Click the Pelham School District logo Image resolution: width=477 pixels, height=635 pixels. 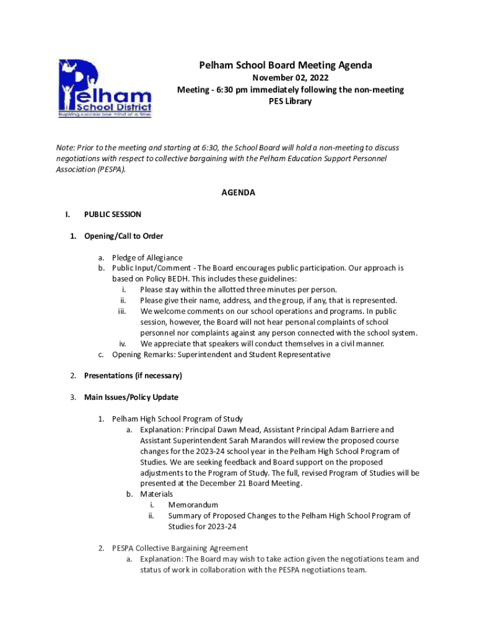[105, 89]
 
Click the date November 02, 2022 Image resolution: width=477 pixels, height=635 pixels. [289, 78]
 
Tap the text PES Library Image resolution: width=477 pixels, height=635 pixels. [290, 101]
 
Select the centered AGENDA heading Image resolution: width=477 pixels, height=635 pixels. [239, 193]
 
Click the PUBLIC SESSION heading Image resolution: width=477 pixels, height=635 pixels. [113, 215]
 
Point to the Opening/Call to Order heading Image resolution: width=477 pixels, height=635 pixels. [123, 236]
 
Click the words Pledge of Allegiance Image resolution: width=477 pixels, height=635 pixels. [147, 257]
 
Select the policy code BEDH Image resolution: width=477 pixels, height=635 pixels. [178, 279]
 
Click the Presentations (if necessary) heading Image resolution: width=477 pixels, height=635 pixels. [133, 376]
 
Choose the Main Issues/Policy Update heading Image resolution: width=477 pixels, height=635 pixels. [131, 397]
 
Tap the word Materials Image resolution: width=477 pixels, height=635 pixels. [157, 494]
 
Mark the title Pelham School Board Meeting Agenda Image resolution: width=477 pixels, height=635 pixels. [286, 65]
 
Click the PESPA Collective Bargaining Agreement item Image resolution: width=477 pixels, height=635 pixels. [180, 548]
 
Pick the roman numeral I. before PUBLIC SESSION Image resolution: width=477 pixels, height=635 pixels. [68, 215]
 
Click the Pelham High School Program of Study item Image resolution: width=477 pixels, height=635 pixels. [177, 419]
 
